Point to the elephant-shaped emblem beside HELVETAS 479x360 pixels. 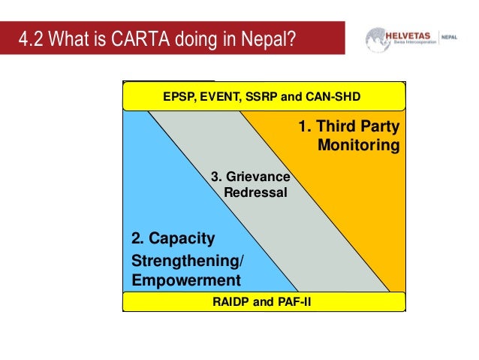pyautogui.click(x=378, y=39)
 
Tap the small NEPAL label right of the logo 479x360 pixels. pyautogui.click(x=467, y=36)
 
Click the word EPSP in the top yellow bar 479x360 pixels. pyautogui.click(x=178, y=97)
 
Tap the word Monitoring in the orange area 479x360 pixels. pyautogui.click(x=359, y=144)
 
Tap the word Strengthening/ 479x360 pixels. pyautogui.click(x=188, y=262)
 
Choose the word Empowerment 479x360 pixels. pyautogui.click(x=186, y=280)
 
